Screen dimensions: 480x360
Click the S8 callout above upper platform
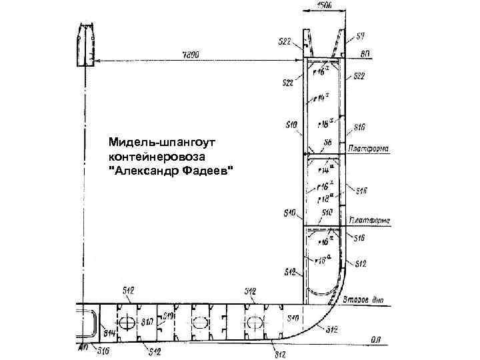point(327,142)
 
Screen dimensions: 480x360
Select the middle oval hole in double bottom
point(199,323)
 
